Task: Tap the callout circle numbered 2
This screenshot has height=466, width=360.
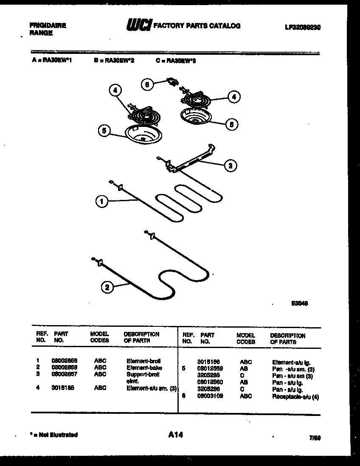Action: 107,287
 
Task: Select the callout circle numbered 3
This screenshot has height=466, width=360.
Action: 230,166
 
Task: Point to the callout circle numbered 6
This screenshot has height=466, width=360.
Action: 147,84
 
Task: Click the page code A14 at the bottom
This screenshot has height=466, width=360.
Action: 176,435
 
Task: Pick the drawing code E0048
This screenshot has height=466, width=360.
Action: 300,303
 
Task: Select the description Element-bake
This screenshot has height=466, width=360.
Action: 144,368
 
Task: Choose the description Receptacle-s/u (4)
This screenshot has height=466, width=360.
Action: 295,397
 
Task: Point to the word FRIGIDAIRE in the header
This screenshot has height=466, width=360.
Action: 48,25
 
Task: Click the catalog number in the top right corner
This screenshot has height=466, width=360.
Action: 302,27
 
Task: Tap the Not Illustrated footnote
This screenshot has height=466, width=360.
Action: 54,435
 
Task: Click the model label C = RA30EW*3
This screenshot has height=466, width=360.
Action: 176,61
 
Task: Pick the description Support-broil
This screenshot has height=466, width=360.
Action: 143,374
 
